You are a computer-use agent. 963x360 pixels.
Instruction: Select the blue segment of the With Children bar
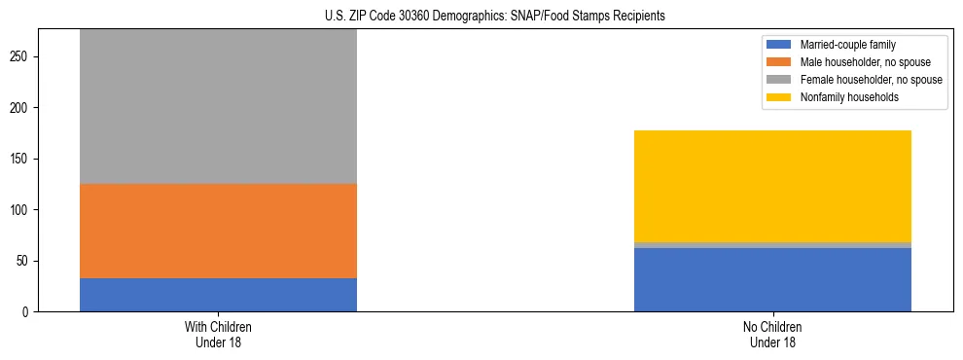click(x=218, y=295)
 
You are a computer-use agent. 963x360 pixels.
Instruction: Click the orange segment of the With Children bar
click(x=218, y=231)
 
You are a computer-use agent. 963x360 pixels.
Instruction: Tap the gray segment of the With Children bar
click(x=218, y=107)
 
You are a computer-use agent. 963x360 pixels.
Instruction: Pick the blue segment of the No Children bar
click(x=772, y=279)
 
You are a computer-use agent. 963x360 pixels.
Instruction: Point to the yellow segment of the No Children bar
click(x=772, y=186)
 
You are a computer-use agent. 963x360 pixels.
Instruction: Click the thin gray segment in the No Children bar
click(x=772, y=245)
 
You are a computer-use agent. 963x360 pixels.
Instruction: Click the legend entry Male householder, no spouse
click(x=864, y=62)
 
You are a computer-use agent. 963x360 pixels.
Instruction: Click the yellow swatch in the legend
click(x=780, y=97)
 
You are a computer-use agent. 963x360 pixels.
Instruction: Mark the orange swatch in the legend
click(x=780, y=62)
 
